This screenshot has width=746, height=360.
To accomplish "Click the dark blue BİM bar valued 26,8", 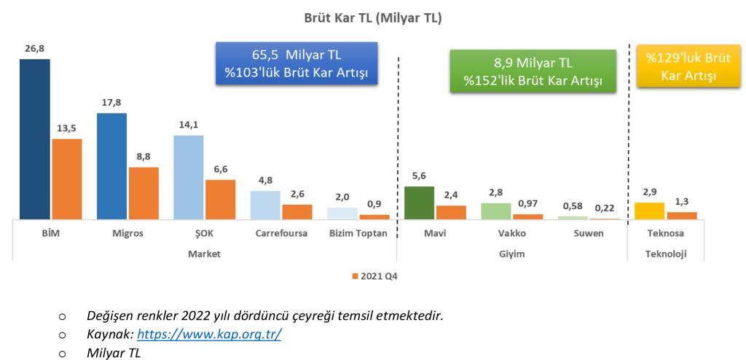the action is (x=35, y=139).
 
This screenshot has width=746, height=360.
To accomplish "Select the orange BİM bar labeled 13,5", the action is (x=66, y=179).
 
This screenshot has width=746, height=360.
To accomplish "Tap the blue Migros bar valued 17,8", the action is (x=111, y=166).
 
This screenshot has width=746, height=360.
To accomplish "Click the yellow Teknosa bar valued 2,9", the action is (x=649, y=211).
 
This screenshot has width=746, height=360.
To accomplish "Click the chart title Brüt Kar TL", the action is (x=373, y=18).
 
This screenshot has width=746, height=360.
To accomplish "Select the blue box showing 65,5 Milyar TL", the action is (x=297, y=63).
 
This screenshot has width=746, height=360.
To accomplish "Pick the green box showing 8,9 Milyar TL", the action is (x=533, y=71).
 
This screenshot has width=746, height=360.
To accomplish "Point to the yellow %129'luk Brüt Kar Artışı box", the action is (x=688, y=66).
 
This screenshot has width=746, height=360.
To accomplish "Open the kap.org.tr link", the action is (x=209, y=334).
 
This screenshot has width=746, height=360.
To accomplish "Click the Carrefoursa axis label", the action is (x=281, y=234).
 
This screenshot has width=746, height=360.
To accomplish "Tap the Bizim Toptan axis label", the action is (x=358, y=234).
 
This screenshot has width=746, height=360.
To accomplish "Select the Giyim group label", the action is (x=512, y=254).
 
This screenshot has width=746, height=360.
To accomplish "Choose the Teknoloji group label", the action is (x=666, y=254).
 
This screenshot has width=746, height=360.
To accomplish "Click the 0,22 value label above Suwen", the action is (x=605, y=208).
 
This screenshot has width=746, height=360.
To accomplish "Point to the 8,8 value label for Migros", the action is (x=144, y=156).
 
